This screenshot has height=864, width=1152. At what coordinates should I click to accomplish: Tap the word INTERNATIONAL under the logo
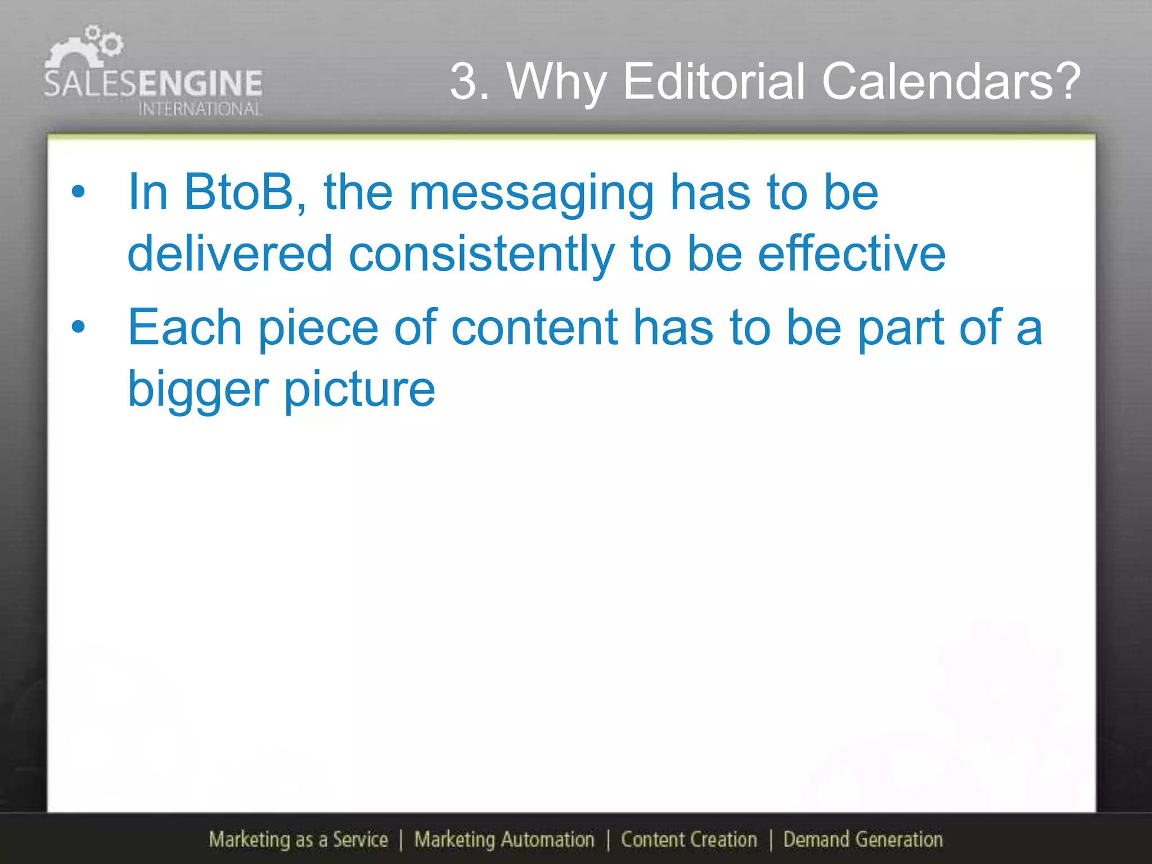click(200, 109)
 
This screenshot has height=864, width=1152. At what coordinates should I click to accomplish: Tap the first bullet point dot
click(78, 192)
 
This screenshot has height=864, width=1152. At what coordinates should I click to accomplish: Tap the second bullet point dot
click(78, 326)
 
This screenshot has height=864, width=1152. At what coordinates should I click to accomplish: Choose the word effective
click(852, 254)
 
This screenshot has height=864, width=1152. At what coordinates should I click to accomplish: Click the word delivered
click(230, 254)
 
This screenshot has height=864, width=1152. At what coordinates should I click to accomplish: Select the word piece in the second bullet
click(318, 328)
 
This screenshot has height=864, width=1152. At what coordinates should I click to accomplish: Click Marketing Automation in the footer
click(505, 840)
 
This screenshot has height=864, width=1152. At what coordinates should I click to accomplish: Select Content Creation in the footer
click(689, 840)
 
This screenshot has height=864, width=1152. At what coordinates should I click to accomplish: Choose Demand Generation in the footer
click(863, 840)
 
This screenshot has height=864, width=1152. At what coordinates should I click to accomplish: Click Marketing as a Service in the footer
click(298, 840)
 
